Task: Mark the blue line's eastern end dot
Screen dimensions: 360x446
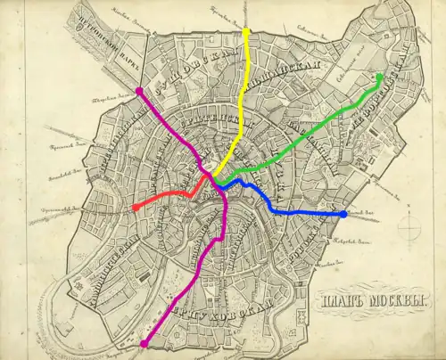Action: pyautogui.click(x=344, y=214)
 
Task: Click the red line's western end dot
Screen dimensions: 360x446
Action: pyautogui.click(x=135, y=207)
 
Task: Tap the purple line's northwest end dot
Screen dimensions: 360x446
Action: pyautogui.click(x=140, y=91)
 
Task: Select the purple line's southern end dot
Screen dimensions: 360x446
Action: pyautogui.click(x=144, y=342)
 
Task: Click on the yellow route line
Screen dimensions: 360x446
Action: pyautogui.click(x=239, y=116)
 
